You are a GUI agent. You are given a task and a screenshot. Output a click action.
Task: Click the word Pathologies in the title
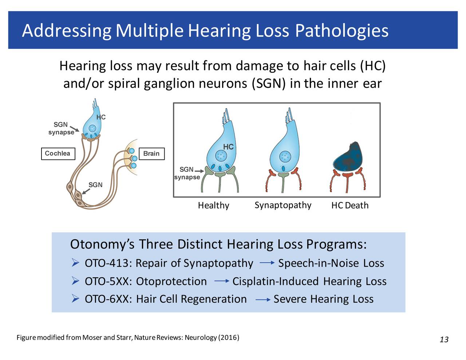(341, 31)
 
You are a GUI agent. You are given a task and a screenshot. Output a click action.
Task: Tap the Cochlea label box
(58, 154)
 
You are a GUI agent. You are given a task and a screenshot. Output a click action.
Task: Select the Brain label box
(151, 154)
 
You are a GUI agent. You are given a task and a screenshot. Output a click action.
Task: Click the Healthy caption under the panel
(213, 206)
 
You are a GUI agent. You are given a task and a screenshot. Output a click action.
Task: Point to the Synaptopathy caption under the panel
(283, 205)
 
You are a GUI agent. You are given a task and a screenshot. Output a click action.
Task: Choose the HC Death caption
(349, 206)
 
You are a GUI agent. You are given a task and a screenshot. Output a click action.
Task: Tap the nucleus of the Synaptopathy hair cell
(285, 157)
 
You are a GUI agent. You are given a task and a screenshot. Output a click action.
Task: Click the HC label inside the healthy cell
(228, 147)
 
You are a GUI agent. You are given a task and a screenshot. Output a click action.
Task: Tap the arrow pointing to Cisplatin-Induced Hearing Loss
(221, 281)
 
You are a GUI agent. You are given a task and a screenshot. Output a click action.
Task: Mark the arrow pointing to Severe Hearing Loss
(262, 300)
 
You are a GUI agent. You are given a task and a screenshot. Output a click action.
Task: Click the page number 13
(444, 340)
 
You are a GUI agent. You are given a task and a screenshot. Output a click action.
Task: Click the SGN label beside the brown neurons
(95, 185)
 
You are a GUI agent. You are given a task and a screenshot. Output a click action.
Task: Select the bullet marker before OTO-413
(75, 262)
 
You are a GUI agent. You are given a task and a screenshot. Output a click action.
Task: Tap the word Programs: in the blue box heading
(336, 244)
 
